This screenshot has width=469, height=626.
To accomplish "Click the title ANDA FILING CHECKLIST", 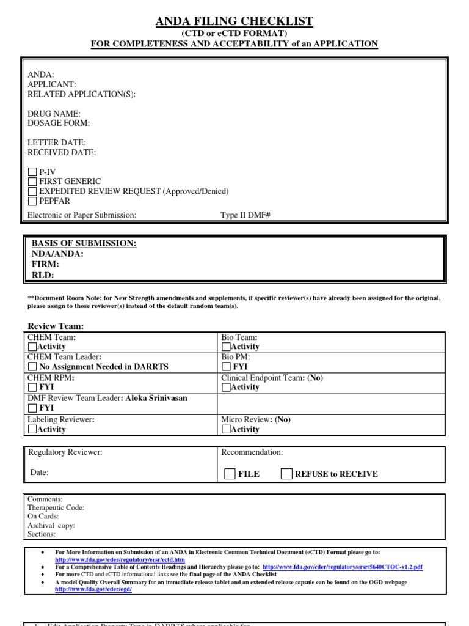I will pyautogui.click(x=234, y=21).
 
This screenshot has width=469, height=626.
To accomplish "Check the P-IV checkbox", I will pyautogui.click(x=33, y=172).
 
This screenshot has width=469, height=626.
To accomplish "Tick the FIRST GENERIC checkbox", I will pyautogui.click(x=33, y=182).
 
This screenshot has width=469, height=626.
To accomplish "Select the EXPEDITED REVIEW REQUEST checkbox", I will pyautogui.click(x=33, y=191).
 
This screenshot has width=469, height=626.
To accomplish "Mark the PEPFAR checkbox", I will pyautogui.click(x=33, y=201).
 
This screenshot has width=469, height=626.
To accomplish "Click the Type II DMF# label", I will pyautogui.click(x=245, y=215).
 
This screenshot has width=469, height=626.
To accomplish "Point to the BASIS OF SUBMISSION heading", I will pyautogui.click(x=84, y=243).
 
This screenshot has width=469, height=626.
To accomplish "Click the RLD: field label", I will pyautogui.click(x=43, y=275).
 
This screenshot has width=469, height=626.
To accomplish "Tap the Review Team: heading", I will pyautogui.click(x=56, y=326).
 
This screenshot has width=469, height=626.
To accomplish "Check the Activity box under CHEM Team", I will pyautogui.click(x=33, y=347).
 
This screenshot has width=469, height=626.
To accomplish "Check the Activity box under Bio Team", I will pyautogui.click(x=226, y=347).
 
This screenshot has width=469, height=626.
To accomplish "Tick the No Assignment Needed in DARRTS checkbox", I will pyautogui.click(x=33, y=367).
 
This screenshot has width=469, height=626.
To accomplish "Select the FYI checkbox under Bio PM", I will pyautogui.click(x=226, y=367).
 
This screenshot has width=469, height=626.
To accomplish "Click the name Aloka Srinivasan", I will pyautogui.click(x=157, y=398).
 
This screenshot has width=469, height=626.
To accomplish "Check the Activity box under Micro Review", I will pyautogui.click(x=226, y=429).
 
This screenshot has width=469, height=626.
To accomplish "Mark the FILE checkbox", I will pyautogui.click(x=230, y=474).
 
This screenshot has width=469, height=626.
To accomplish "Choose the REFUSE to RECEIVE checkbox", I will pyautogui.click(x=286, y=474).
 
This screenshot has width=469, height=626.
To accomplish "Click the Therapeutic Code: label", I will pyautogui.click(x=56, y=507).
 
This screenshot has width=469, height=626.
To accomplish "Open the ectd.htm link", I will pyautogui.click(x=120, y=559).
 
